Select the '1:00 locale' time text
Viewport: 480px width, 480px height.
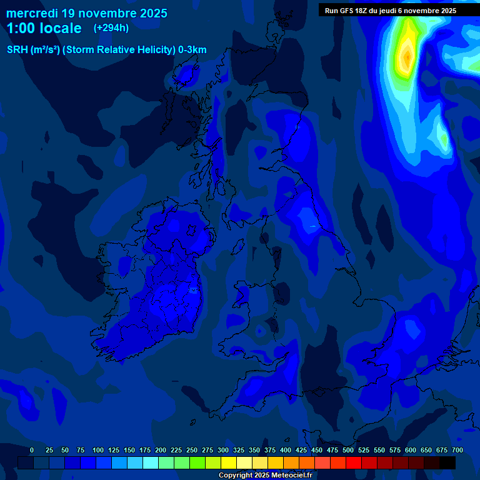(x=44, y=28)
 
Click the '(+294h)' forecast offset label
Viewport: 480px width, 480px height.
(x=111, y=28)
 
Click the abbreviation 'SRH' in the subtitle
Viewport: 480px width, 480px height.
(x=17, y=50)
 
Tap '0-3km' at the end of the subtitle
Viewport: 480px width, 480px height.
(x=192, y=50)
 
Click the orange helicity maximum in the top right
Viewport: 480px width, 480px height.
(x=407, y=56)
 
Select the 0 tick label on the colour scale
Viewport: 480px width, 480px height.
(x=32, y=450)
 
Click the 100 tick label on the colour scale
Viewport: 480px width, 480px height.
(x=98, y=450)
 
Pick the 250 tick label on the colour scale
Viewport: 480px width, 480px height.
(x=192, y=450)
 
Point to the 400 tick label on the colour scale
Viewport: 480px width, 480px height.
(x=286, y=450)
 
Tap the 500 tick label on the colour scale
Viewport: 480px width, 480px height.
(x=348, y=450)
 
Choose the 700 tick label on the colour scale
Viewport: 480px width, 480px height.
(x=457, y=450)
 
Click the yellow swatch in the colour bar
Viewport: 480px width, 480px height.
(x=229, y=462)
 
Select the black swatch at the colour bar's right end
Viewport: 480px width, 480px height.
(x=447, y=462)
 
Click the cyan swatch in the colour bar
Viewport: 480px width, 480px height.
(x=151, y=462)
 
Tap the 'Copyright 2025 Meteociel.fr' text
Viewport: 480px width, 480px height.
(x=265, y=475)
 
